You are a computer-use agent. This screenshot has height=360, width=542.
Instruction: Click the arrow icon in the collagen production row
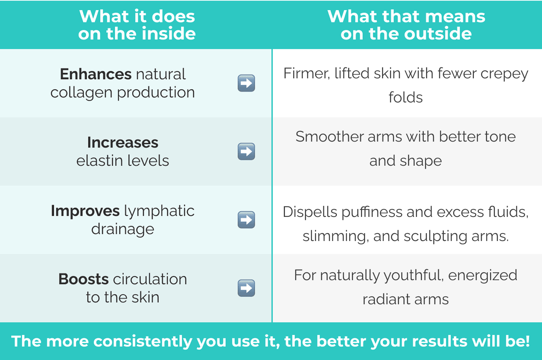(x=246, y=83)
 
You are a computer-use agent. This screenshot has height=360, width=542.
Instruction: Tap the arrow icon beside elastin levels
(x=246, y=151)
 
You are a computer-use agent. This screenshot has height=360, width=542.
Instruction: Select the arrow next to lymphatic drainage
(x=246, y=220)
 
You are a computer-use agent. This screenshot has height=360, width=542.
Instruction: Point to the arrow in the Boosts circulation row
(x=246, y=288)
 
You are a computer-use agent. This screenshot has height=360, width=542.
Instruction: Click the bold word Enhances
(x=96, y=74)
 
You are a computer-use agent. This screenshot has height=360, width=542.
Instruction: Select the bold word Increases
(x=123, y=142)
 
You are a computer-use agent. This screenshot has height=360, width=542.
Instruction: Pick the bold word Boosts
(x=84, y=279)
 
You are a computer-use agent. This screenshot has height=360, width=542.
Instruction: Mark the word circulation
(x=150, y=279)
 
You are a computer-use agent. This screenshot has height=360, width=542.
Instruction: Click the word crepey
(x=504, y=74)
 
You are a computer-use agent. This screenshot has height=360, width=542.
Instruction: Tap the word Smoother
(x=330, y=137)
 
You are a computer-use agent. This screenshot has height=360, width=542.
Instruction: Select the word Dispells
(x=310, y=212)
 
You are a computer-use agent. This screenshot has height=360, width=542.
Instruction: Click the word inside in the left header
(x=169, y=34)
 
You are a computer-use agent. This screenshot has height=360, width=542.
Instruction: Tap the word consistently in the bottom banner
(x=143, y=341)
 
